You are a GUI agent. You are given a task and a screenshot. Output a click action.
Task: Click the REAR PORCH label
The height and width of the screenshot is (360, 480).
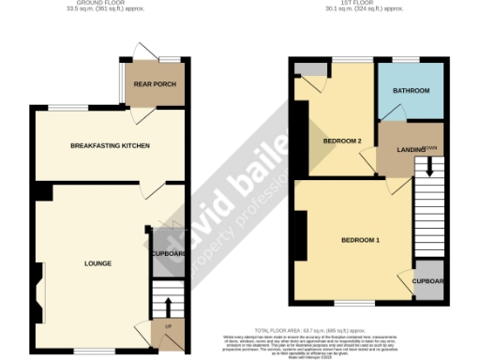pos(154,84)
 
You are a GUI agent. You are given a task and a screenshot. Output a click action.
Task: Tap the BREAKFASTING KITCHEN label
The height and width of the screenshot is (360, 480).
pos(111,146)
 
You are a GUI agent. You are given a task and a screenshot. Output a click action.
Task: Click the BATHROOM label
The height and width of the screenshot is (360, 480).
pos(412,91)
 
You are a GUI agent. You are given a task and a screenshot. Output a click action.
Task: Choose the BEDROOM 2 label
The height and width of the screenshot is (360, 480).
pos(342,142)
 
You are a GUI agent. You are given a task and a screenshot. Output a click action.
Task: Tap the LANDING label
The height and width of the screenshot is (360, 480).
pos(397,150)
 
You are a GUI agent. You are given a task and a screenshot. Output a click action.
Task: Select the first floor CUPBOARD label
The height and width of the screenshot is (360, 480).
pos(428,281)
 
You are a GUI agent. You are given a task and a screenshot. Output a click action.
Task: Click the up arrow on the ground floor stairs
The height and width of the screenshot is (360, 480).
pos(169,306)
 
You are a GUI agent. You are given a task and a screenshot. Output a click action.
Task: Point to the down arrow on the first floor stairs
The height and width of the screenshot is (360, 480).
pos(429,167)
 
